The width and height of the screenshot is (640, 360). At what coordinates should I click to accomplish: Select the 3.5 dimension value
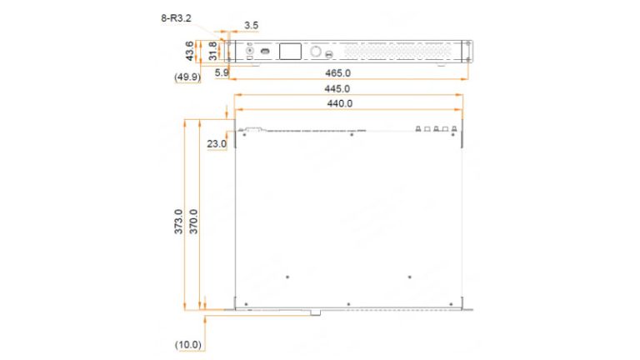[251, 26]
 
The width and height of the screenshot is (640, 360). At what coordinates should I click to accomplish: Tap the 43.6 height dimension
[191, 51]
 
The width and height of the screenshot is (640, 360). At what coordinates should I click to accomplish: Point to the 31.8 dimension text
[213, 51]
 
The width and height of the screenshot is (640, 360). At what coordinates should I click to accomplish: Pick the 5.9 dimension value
[222, 73]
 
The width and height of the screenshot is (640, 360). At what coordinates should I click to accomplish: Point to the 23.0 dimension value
[217, 144]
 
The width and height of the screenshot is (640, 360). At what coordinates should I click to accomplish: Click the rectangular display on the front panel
[289, 52]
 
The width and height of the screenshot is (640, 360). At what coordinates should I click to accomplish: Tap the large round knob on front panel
[316, 52]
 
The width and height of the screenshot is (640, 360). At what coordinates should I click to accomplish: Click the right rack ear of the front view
[468, 51]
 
